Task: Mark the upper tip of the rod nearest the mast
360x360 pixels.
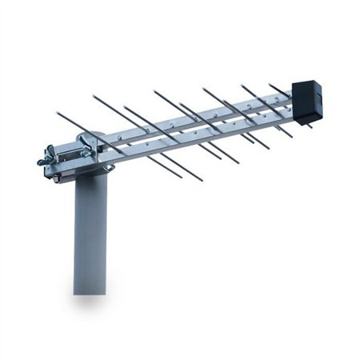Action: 58,113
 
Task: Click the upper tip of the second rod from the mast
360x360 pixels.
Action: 94,96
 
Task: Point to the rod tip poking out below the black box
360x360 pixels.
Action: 310,126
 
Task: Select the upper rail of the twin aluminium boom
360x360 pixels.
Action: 200,116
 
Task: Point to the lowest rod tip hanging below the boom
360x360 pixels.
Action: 200,180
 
